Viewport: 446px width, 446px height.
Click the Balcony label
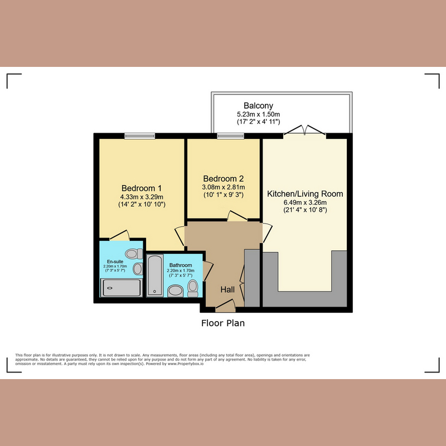tap(258, 106)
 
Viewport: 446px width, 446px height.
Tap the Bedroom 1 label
tap(142, 188)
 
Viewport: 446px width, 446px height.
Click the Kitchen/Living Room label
tap(305, 194)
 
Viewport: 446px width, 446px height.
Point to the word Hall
tap(227, 289)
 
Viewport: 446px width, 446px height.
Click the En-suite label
tap(115, 261)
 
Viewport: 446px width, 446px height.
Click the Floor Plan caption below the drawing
tap(223, 323)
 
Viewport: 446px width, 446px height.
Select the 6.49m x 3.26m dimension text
tap(305, 203)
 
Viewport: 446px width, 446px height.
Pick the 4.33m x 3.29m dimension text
tap(142, 196)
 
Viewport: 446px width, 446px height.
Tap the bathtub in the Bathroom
tap(155, 275)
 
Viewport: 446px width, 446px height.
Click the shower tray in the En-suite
tap(121, 288)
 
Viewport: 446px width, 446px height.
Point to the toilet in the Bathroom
tap(193, 287)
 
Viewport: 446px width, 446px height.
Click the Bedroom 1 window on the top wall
tap(140, 135)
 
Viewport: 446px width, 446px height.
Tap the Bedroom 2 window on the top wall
tap(226, 135)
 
